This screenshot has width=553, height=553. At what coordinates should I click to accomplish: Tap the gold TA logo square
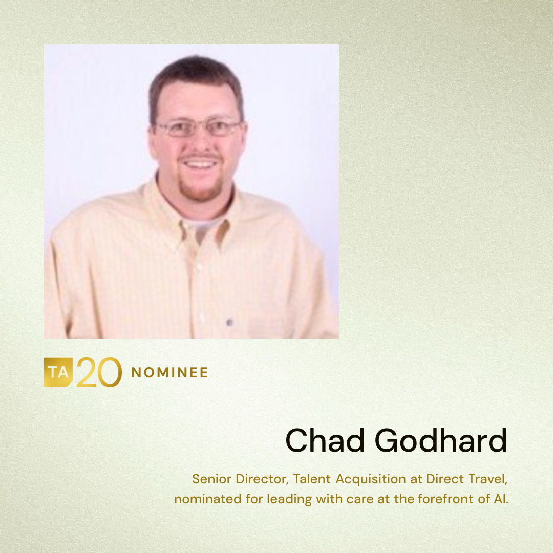(x=58, y=372)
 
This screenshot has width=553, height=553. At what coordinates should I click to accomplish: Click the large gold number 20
(x=99, y=372)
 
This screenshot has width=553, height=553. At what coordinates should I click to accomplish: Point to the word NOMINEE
(x=169, y=372)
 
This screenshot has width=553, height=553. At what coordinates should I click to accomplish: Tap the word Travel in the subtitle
(x=488, y=479)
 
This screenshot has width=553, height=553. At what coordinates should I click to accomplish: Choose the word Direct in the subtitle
(x=445, y=479)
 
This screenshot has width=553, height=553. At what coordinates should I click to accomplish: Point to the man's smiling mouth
(x=200, y=164)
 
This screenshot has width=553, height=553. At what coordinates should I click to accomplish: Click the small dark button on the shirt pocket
(x=229, y=322)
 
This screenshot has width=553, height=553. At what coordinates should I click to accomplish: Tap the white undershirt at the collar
(x=204, y=226)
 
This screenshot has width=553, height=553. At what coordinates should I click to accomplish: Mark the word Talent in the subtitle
(x=312, y=479)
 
